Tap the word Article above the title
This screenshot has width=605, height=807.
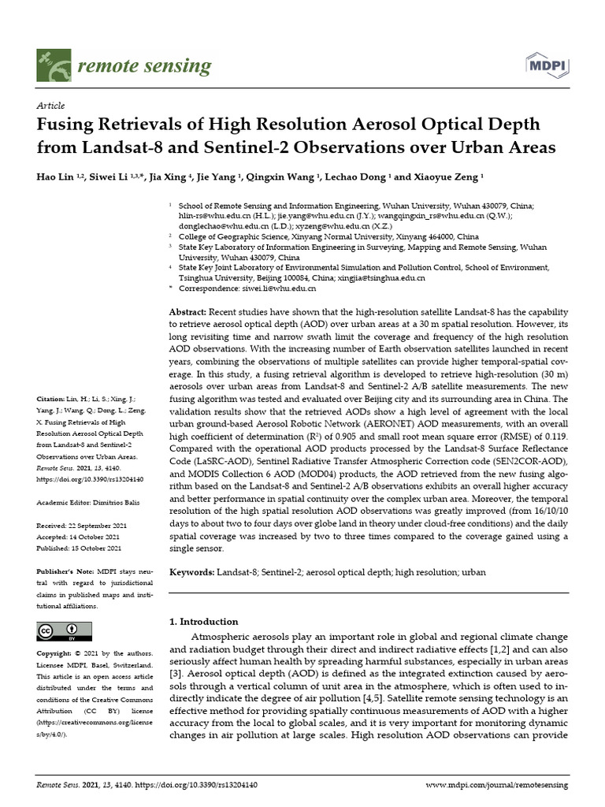coord(50,106)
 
